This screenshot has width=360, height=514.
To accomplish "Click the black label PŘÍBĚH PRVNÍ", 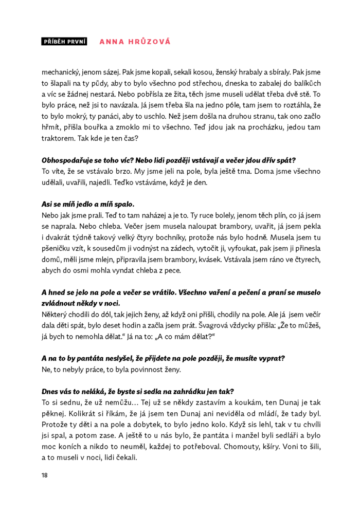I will click(x=64, y=42).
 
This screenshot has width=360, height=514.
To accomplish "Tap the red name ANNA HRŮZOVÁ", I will click(x=135, y=42).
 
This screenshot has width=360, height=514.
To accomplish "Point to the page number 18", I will click(x=45, y=475).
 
